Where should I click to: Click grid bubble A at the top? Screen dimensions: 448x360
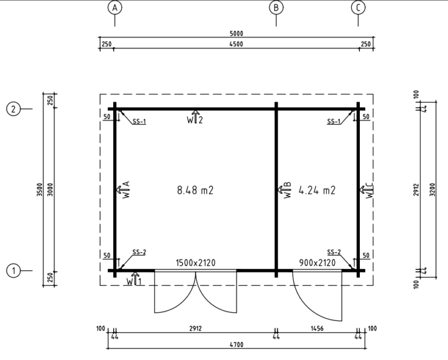pyautogui.click(x=115, y=8)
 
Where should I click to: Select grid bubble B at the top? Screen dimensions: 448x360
pyautogui.click(x=276, y=8)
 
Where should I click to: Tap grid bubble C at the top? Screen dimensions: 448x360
pyautogui.click(x=358, y=8)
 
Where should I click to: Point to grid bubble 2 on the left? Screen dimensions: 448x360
pyautogui.click(x=13, y=109)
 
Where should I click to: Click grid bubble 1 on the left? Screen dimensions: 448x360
pyautogui.click(x=13, y=271)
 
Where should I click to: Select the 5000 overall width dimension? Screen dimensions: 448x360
pyautogui.click(x=236, y=33)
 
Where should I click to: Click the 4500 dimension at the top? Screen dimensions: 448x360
pyautogui.click(x=236, y=44)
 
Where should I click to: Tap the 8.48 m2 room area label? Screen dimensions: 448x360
pyautogui.click(x=195, y=190)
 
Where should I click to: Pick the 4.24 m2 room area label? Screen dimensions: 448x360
pyautogui.click(x=317, y=190)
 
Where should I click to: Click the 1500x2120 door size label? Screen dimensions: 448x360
pyautogui.click(x=195, y=263)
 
